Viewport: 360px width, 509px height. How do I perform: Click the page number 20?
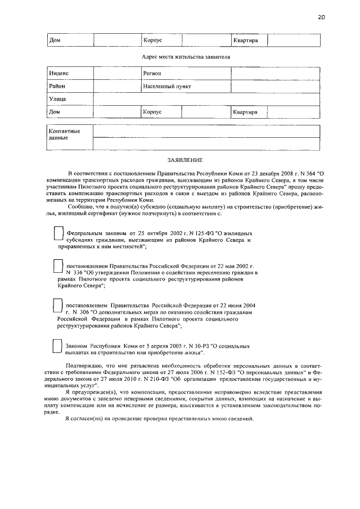(321, 17)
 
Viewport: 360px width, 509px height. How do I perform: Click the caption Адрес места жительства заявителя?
(183, 57)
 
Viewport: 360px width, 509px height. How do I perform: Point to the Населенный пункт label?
(167, 87)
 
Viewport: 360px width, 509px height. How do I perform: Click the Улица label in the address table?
(58, 100)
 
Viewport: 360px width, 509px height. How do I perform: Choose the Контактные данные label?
(65, 134)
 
